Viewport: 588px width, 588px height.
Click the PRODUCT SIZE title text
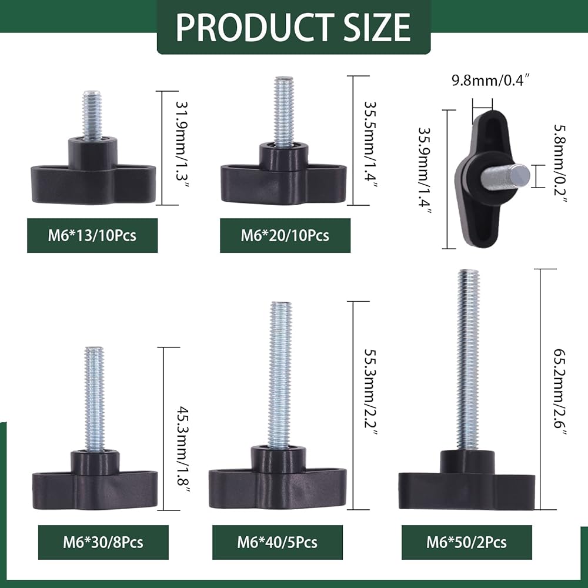[293, 27]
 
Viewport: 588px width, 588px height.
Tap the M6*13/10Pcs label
[92, 236]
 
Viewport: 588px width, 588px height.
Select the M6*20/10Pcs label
[285, 236]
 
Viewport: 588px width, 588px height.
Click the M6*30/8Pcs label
[103, 542]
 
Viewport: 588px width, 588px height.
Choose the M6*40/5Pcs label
[278, 542]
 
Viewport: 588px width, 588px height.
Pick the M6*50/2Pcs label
[466, 542]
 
